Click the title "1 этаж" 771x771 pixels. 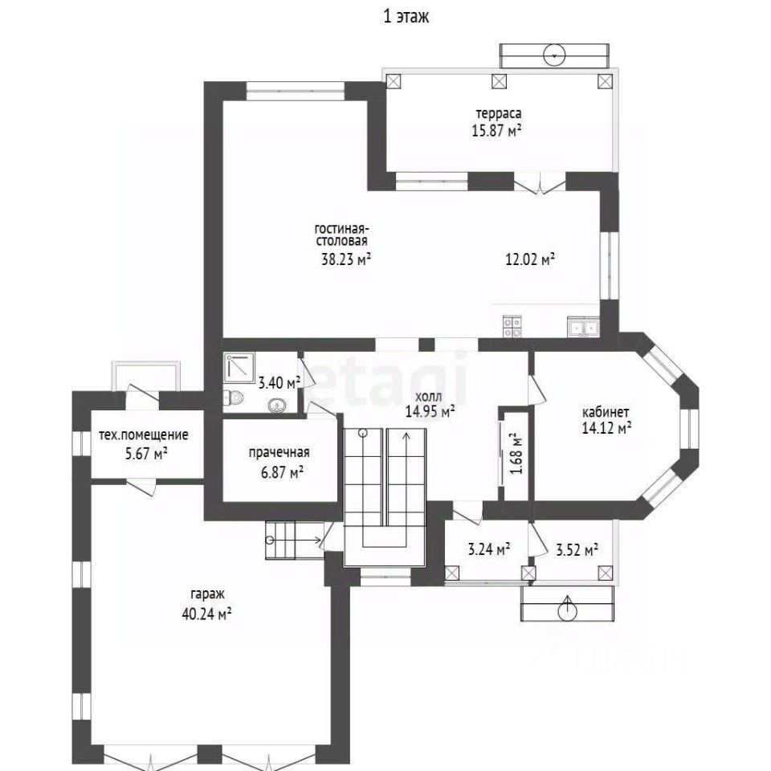click(406, 16)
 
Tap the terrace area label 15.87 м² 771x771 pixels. click(496, 131)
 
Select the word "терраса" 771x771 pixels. click(499, 113)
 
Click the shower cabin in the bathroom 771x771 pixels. click(239, 368)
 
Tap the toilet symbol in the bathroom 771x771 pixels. click(233, 398)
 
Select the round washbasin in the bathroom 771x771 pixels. click(278, 406)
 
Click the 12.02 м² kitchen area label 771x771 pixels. click(531, 259)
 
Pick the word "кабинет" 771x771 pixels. click(606, 411)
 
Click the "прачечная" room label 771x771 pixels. click(279, 452)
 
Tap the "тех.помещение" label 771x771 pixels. click(144, 435)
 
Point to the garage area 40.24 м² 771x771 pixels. click(206, 614)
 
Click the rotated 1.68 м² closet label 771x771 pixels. click(516, 453)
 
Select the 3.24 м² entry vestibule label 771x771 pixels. click(488, 549)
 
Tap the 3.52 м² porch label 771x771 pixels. click(577, 549)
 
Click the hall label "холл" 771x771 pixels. click(428, 396)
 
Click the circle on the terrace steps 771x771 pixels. click(555, 55)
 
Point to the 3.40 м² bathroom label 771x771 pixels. click(279, 382)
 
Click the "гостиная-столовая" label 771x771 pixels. click(342, 235)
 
